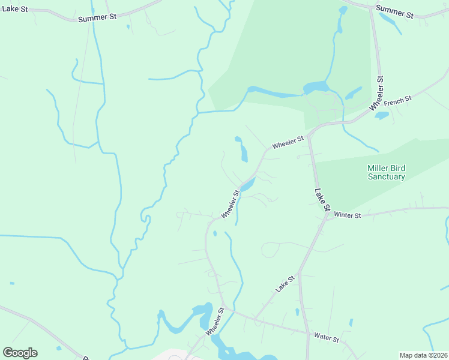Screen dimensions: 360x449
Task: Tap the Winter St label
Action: point(348,215)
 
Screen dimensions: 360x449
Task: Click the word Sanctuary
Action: point(387,177)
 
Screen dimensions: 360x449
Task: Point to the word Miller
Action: point(378,168)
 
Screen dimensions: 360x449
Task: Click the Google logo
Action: point(20,353)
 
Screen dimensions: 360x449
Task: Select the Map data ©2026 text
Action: point(423,355)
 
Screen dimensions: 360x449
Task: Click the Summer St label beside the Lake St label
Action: point(97,18)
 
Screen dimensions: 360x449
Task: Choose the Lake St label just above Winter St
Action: point(323,200)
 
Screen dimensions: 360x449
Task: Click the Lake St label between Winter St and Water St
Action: point(286,284)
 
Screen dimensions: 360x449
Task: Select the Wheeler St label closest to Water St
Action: point(214,322)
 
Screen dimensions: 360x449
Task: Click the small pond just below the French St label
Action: point(382,115)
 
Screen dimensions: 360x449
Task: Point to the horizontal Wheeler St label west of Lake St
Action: point(288,142)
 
